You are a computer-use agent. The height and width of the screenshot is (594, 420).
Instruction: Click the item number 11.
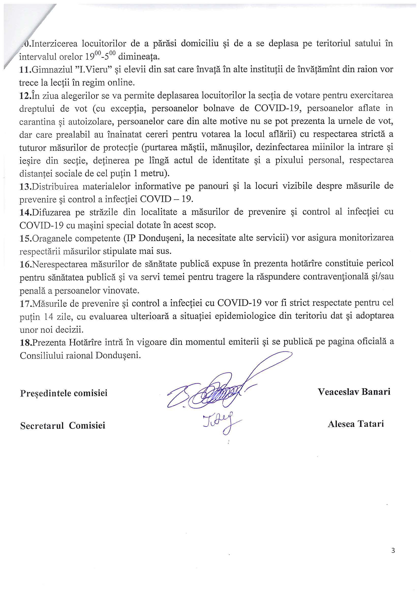click(x=25, y=70)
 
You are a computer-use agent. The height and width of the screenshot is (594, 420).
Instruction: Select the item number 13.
click(x=25, y=186)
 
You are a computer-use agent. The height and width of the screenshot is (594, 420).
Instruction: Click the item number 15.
click(x=25, y=238)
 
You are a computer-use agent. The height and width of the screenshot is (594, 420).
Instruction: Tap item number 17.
click(x=25, y=303)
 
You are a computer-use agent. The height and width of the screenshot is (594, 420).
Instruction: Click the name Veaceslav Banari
click(x=354, y=392)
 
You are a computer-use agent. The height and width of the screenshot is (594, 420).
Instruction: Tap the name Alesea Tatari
click(x=355, y=424)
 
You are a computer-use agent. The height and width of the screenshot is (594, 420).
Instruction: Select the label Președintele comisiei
click(x=64, y=393)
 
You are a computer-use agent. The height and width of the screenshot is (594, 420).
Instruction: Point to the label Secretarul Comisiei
click(x=63, y=426)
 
